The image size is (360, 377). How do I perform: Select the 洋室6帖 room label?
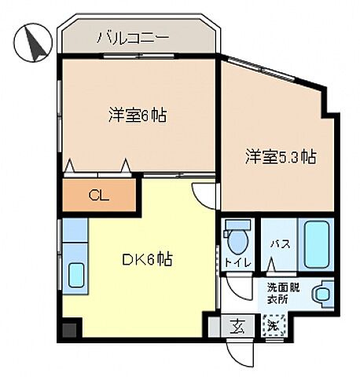tap(138, 115)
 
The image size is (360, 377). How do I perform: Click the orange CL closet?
tap(99, 196)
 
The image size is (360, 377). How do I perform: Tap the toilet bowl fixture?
tap(236, 234)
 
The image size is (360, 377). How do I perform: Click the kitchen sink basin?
tap(76, 275)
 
